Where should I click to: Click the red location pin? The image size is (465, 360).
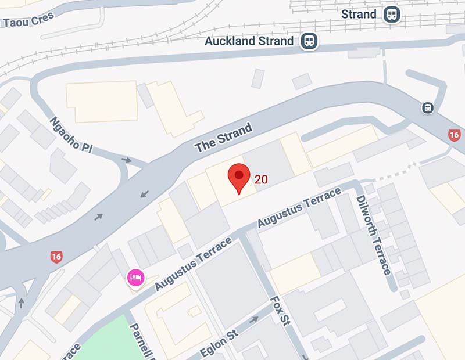click(238, 177)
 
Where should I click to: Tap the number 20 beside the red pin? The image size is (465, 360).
click(261, 179)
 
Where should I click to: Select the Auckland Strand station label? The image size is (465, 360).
click(249, 41)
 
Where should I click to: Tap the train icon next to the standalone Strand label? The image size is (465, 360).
click(391, 14)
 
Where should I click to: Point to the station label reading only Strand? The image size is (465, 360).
click(359, 14)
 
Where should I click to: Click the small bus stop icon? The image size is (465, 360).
click(428, 108)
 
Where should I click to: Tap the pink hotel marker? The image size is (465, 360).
click(135, 277)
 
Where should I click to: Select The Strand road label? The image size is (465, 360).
click(224, 138)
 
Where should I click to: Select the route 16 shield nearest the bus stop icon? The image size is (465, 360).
click(455, 135)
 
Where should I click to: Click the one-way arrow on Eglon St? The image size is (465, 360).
click(253, 320)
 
